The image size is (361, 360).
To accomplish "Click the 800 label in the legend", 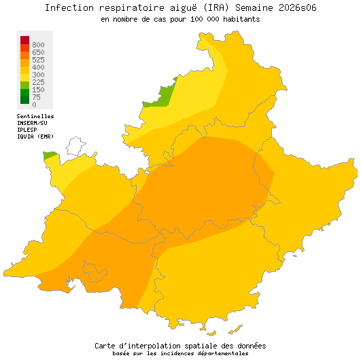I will coord(38,45).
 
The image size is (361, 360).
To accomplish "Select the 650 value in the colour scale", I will coord(38,52).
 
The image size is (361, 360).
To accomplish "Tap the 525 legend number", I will coord(38,60).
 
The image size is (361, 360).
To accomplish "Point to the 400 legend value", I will coord(38,67).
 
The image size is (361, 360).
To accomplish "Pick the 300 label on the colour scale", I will coord(38,75).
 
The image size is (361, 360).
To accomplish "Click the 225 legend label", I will coord(38,82).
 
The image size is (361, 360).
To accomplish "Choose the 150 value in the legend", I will coord(38,90).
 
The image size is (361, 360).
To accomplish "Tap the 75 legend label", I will coord(36,97).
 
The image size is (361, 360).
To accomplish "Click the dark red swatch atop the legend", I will coord(24,40).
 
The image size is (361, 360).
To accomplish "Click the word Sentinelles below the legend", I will coord(35,116).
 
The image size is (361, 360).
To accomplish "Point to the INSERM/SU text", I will coord(32,123).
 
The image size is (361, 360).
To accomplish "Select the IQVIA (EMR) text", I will coord(35,136).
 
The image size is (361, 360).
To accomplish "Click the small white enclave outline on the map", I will coord(75,145).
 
